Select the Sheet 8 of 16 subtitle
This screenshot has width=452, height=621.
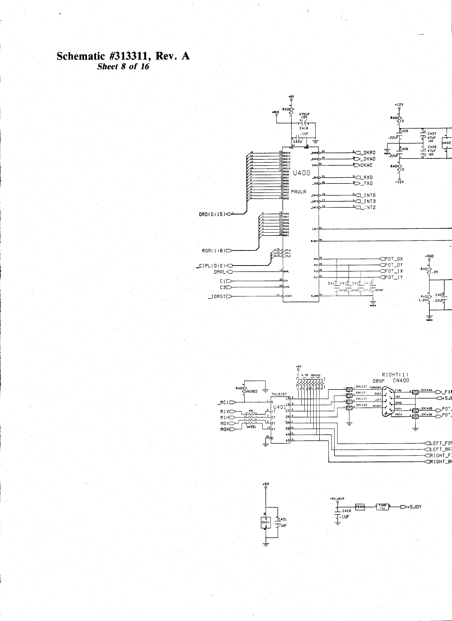(123, 67)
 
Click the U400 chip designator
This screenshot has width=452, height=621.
(301, 173)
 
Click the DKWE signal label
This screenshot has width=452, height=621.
(366, 165)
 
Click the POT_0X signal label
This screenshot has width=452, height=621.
(394, 259)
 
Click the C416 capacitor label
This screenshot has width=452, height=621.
(304, 128)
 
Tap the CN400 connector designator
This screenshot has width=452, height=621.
(401, 381)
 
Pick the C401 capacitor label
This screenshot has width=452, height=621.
(282, 519)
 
